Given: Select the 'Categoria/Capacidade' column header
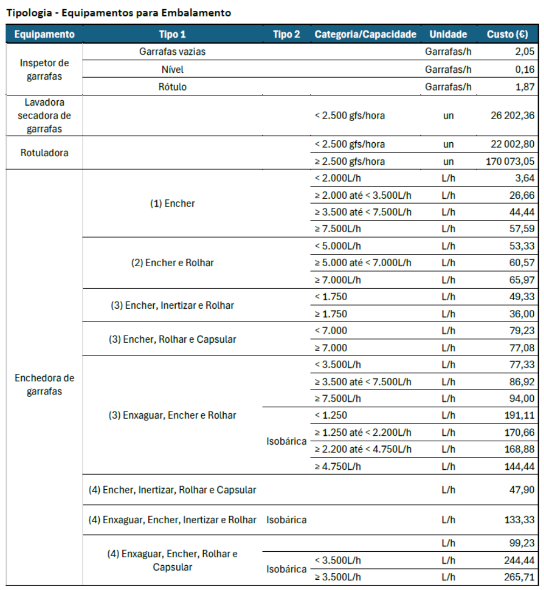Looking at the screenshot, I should click(366, 34).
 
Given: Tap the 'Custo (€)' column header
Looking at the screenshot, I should click(507, 34).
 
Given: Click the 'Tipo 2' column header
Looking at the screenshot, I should click(286, 34).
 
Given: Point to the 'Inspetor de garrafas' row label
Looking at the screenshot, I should click(44, 70).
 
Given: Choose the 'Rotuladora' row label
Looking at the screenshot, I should click(44, 153).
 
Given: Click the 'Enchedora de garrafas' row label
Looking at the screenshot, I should click(44, 385).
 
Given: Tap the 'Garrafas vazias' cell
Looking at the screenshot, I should click(172, 52).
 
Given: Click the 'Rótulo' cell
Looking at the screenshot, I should click(172, 87).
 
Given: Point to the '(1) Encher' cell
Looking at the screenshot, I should click(172, 204).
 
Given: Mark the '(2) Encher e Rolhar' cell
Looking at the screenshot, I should click(172, 263).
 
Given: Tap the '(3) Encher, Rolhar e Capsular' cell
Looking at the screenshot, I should click(172, 339).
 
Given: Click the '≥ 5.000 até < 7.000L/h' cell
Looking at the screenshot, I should click(363, 263).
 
